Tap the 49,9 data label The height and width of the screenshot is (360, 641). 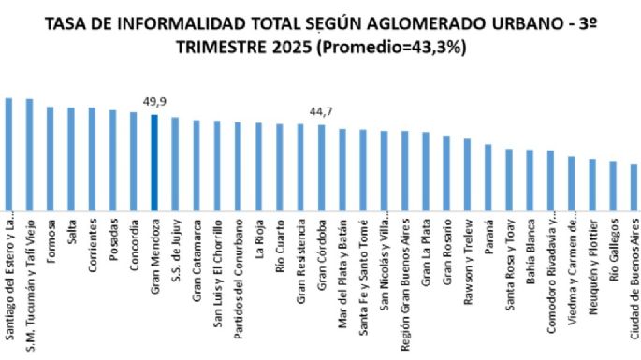(x=153, y=101)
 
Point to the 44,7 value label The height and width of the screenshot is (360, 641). (x=321, y=112)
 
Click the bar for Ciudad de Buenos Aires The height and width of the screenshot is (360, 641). (x=634, y=187)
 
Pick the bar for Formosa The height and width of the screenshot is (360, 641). (x=50, y=159)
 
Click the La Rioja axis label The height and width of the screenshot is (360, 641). (x=258, y=238)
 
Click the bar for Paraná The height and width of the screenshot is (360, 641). (x=488, y=178)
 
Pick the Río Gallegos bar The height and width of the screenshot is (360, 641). (x=613, y=186)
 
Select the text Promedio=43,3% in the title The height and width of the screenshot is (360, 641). (x=394, y=47)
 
